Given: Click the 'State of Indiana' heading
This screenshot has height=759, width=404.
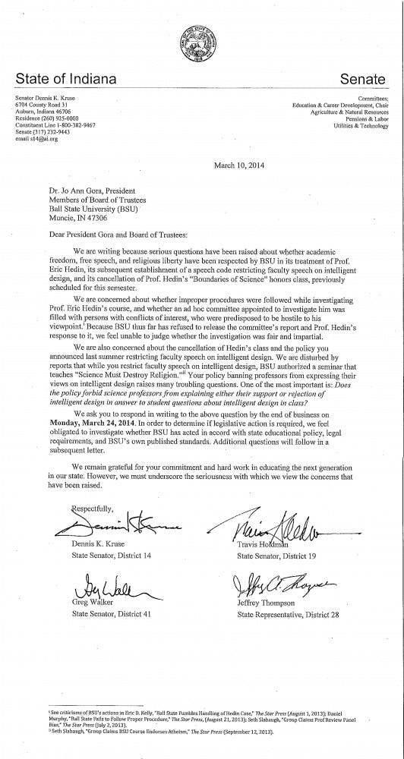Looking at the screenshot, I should click(x=66, y=79).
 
